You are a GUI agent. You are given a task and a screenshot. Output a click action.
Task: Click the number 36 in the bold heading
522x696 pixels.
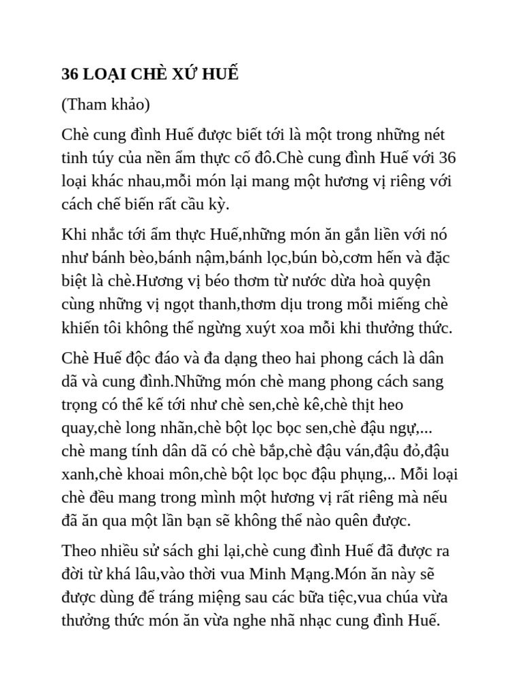[69, 74]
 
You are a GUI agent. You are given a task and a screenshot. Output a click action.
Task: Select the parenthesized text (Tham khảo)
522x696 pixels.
[106, 105]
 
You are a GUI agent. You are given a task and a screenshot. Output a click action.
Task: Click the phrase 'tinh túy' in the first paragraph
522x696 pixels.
[86, 158]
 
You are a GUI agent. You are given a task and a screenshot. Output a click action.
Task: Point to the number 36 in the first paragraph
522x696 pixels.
[448, 158]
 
